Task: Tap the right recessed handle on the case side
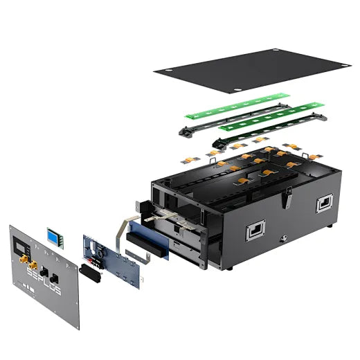324,203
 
